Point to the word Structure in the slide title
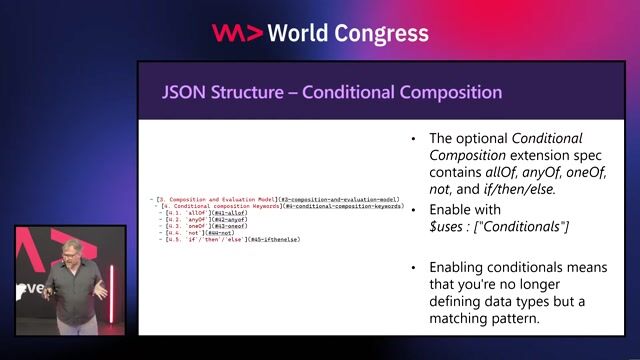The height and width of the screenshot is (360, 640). click(x=252, y=93)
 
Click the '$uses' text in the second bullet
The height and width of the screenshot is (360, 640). click(x=447, y=229)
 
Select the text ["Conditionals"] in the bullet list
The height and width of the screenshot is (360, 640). click(x=527, y=229)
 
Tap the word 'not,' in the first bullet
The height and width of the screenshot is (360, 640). click(x=443, y=191)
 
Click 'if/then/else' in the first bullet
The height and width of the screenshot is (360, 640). click(x=520, y=191)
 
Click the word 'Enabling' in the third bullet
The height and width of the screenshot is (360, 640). click(x=459, y=268)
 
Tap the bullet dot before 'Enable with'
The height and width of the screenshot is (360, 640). click(x=414, y=211)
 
